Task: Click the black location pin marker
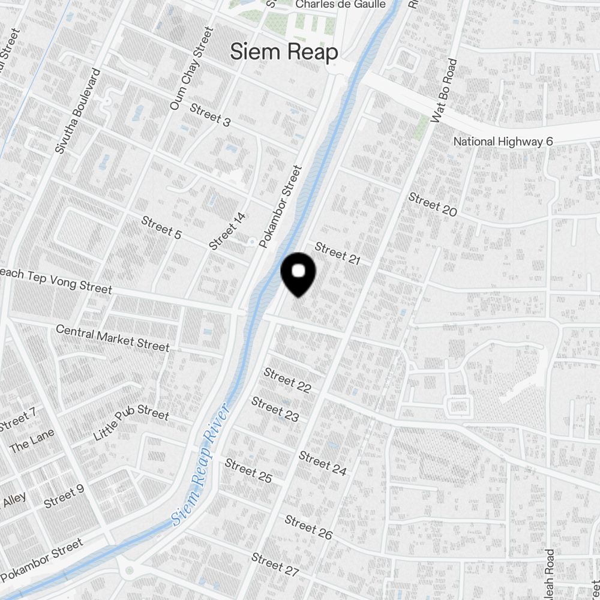(299, 274)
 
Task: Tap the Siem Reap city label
(284, 52)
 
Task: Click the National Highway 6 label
(503, 142)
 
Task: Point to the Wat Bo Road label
(445, 92)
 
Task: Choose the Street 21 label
(337, 253)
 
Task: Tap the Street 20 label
(433, 205)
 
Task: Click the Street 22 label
(287, 380)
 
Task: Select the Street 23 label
(275, 409)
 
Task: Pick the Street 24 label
(323, 463)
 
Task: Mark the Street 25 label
(248, 470)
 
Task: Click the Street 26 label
(308, 527)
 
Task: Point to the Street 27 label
(275, 565)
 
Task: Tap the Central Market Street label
(112, 338)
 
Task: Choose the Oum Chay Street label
(191, 68)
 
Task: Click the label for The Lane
(32, 440)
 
